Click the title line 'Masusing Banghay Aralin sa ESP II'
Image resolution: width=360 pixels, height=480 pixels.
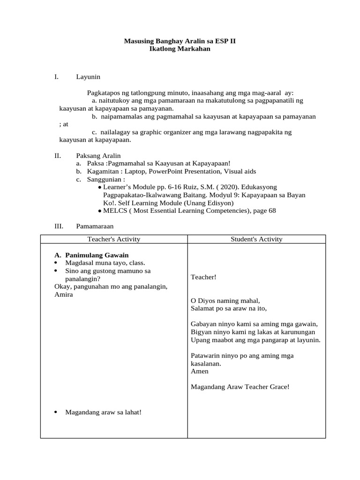(180, 41)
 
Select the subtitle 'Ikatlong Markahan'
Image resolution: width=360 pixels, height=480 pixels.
(180, 49)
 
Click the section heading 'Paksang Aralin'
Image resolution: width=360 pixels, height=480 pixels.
(98, 155)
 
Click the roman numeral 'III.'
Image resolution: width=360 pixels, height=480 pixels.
(59, 226)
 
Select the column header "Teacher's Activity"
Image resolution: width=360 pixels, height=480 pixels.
(114, 239)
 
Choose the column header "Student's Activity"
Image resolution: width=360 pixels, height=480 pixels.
(256, 239)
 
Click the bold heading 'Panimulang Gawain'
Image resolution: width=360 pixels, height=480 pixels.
(97, 255)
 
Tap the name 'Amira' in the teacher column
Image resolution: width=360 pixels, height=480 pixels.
(64, 294)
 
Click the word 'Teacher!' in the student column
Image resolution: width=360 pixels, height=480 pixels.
(204, 277)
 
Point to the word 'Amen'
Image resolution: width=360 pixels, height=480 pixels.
(200, 371)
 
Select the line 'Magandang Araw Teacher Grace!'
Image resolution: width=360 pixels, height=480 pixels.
(240, 387)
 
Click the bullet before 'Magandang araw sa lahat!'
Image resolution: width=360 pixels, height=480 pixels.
(56, 412)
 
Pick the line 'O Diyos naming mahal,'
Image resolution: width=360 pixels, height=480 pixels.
(225, 300)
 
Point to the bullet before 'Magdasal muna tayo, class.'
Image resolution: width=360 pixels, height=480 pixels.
(56, 263)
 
